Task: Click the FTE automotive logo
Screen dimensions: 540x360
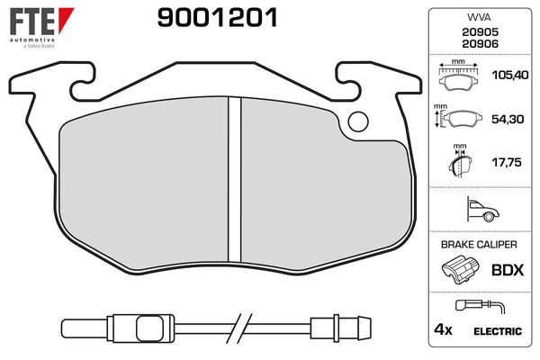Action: [41, 28]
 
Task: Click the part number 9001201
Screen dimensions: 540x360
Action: [217, 18]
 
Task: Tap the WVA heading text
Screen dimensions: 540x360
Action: [479, 17]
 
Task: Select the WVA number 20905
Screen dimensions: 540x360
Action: [480, 32]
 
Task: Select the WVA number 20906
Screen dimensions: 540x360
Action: [480, 44]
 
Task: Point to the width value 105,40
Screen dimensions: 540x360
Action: [510, 75]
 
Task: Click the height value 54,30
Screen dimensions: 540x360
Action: [508, 119]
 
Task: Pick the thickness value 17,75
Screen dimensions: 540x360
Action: [507, 162]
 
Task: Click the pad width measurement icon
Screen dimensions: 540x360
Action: [458, 75]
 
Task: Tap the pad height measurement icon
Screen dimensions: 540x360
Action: [458, 116]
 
